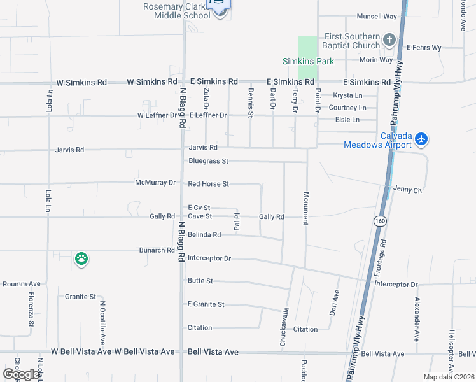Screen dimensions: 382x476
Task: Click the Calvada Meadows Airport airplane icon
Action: click(x=422, y=138)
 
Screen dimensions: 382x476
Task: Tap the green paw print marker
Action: click(x=81, y=258)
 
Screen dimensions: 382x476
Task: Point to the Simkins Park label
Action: click(x=309, y=62)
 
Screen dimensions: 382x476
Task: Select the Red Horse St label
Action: click(x=208, y=184)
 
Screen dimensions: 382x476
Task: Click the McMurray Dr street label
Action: click(x=155, y=183)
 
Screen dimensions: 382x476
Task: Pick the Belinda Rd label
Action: click(x=204, y=235)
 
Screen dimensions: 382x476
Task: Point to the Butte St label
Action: click(x=200, y=281)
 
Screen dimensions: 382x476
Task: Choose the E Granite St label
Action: click(x=206, y=304)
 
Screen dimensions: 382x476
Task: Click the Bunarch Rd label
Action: click(x=157, y=250)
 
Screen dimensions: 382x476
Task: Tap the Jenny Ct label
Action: click(x=408, y=190)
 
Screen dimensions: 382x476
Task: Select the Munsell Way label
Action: click(x=377, y=16)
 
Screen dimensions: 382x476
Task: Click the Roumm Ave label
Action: click(x=22, y=284)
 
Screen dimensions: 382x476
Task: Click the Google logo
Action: click(x=21, y=374)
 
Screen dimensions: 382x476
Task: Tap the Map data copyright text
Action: click(x=449, y=377)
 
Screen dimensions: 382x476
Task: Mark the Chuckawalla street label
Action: click(x=284, y=328)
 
